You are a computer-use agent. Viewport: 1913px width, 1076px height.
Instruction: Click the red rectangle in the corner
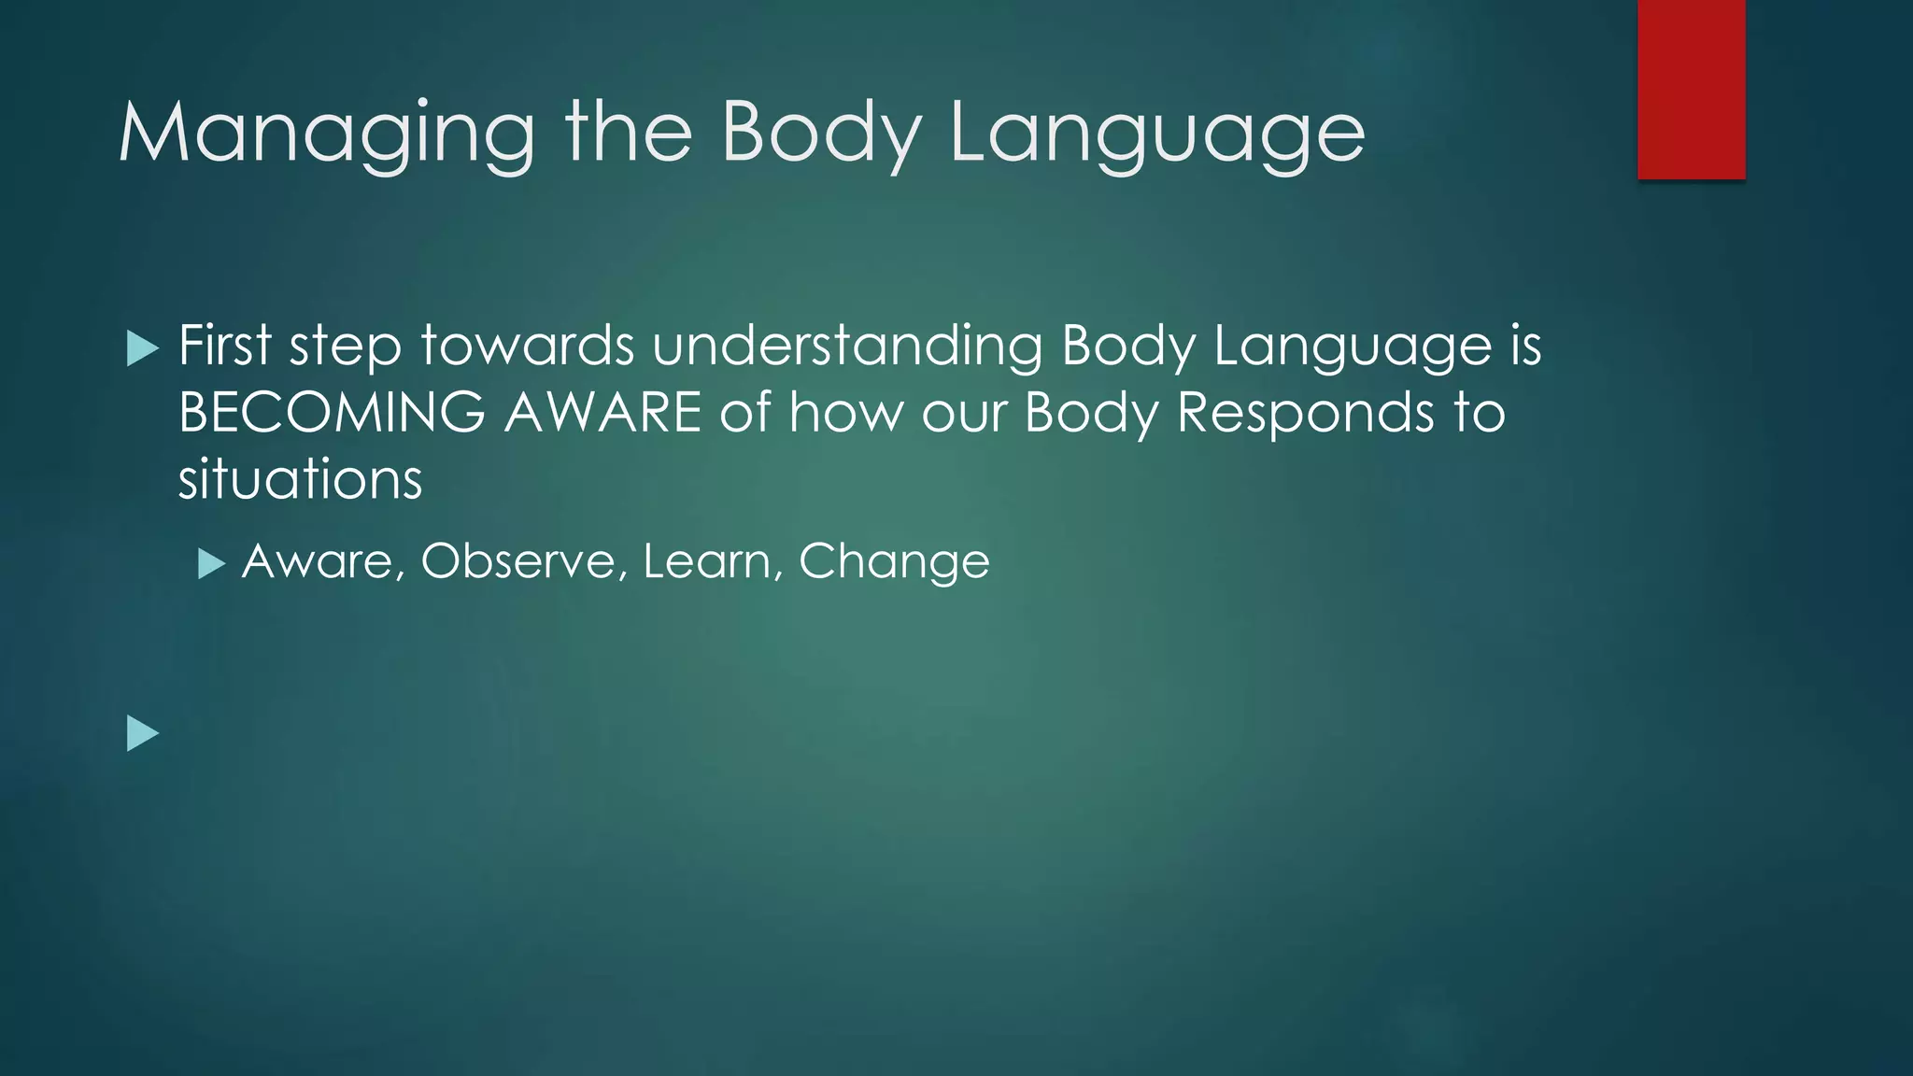1691,89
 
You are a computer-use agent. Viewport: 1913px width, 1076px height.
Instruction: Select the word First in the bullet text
224,346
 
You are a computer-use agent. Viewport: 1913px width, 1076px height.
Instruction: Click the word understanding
846,346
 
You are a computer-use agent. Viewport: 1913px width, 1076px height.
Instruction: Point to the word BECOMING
332,413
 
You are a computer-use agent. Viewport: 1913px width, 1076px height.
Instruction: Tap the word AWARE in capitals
602,413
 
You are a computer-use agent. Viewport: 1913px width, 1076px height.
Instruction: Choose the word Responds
1305,413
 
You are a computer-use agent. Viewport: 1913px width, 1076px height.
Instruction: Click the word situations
300,480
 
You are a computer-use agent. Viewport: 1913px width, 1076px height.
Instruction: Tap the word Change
894,562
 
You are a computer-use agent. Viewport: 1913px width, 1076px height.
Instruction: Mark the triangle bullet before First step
142,348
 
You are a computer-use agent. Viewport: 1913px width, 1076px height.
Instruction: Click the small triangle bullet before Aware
212,564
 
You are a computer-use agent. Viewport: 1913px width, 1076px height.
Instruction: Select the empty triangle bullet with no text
142,733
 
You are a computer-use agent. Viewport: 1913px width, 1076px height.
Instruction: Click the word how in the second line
846,413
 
